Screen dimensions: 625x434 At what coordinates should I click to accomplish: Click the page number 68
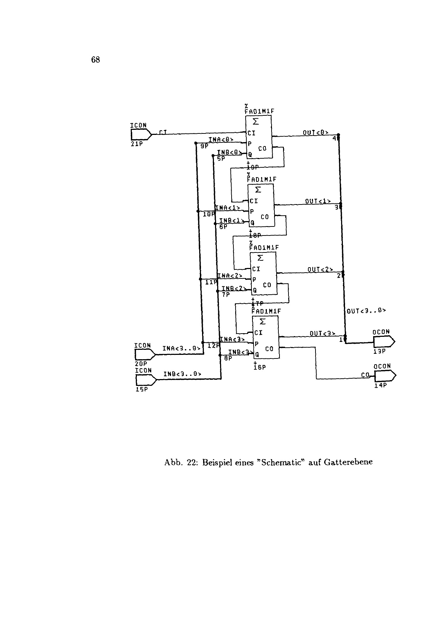pyautogui.click(x=95, y=60)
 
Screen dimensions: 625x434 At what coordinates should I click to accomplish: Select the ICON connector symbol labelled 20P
pyautogui.click(x=144, y=355)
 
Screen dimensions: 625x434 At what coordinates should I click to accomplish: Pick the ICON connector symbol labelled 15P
pyautogui.click(x=145, y=380)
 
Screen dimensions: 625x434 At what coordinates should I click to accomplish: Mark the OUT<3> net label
pyautogui.click(x=322, y=334)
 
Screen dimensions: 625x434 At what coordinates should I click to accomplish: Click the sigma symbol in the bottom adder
pyautogui.click(x=263, y=321)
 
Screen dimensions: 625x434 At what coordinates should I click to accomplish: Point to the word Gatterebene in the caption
pyautogui.click(x=348, y=462)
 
